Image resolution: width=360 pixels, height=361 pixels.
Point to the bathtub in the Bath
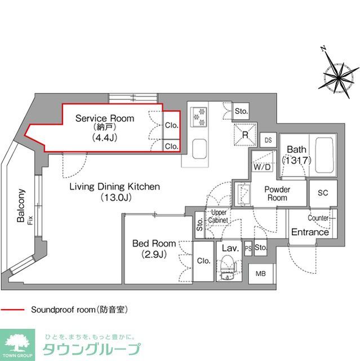coord(325,155)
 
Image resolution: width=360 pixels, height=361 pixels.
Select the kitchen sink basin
coord(200,150)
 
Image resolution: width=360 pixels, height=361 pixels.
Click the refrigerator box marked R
coord(246,134)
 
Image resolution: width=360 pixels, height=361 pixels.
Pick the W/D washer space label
coord(261,168)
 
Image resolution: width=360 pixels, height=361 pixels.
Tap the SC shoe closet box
coord(323,193)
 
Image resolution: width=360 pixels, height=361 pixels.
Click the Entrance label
coord(310,232)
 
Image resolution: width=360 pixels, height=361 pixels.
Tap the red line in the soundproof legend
coord(12,310)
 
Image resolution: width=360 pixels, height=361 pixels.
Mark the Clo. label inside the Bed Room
coord(204,261)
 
